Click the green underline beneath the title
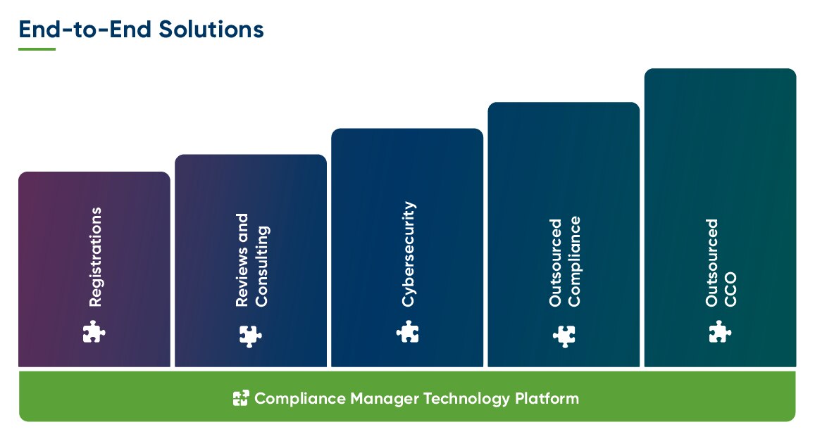pos(37,49)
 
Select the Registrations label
pos(95,257)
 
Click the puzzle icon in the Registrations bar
pos(94,331)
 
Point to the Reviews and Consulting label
pos(251,260)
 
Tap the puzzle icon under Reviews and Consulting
pos(250,336)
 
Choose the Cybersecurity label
pos(408,255)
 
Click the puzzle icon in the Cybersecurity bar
pos(408,331)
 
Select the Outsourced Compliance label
pos(565,262)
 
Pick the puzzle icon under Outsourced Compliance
pos(564,336)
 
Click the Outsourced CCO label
pos(721,262)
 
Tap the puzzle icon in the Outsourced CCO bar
pos(720,331)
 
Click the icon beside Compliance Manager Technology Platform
pos(241,399)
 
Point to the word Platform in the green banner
pos(547,399)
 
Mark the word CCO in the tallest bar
pos(730,289)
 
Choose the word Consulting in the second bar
pos(261,266)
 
